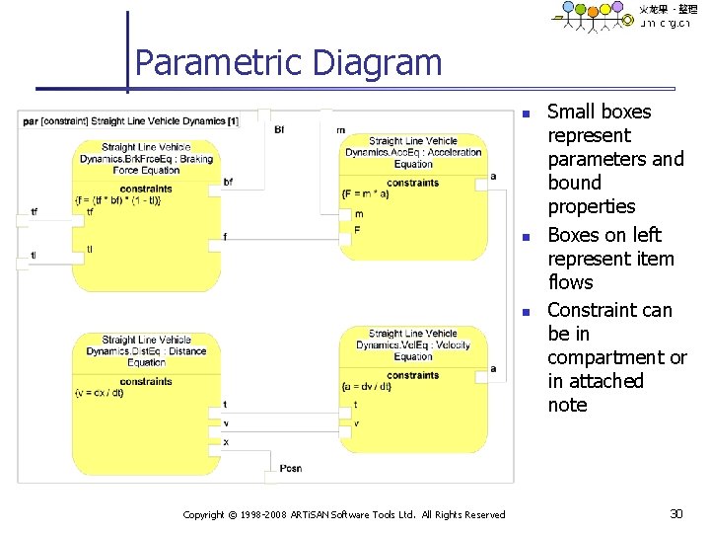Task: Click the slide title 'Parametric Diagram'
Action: click(x=288, y=63)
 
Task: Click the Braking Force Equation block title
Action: click(x=146, y=159)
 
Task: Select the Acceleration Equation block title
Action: click(x=413, y=152)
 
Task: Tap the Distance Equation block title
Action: click(x=146, y=351)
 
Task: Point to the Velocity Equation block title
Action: click(x=413, y=344)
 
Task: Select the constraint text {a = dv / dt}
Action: click(x=367, y=387)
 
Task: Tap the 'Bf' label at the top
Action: click(x=279, y=129)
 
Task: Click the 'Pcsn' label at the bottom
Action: click(x=290, y=467)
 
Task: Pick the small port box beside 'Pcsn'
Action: click(x=271, y=478)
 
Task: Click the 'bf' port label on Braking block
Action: click(x=229, y=182)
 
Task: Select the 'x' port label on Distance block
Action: click(x=226, y=442)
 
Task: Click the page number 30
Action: click(x=675, y=513)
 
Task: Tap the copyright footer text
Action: click(x=344, y=514)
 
